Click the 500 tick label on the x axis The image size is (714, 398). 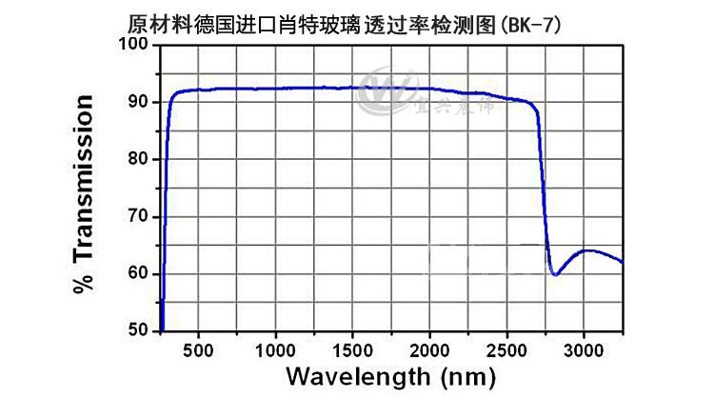click(x=198, y=351)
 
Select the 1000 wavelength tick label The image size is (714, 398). click(x=275, y=351)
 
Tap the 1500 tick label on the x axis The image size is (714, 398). click(x=352, y=351)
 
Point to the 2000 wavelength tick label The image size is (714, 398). click(x=429, y=351)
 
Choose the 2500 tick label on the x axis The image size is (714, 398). click(x=506, y=351)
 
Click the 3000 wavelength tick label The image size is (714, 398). click(x=584, y=351)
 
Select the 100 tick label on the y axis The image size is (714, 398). click(x=133, y=44)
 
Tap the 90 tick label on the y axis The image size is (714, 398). click(x=138, y=102)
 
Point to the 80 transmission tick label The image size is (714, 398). click(x=138, y=159)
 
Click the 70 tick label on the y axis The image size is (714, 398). click(x=138, y=216)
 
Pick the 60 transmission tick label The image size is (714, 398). click(x=138, y=273)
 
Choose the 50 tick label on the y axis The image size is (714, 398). click(x=138, y=330)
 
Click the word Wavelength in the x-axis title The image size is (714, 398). click(x=358, y=377)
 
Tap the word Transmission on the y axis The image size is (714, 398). click(x=84, y=178)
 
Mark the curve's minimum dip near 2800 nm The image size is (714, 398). click(x=555, y=274)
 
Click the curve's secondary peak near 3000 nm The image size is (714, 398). click(x=589, y=250)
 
